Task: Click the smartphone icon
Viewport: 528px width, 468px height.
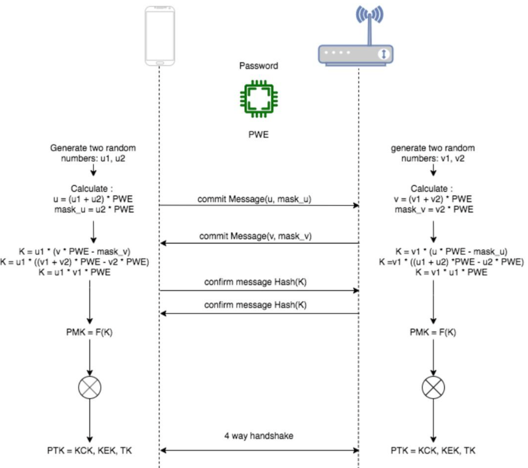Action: [x=160, y=36]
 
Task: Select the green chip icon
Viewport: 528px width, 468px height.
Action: [x=259, y=99]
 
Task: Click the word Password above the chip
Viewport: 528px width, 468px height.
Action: [x=259, y=66]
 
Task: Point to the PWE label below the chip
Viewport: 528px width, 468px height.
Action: [x=259, y=134]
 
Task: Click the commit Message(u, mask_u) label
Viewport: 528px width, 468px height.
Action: [x=254, y=199]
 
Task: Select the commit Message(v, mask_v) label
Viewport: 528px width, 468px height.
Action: [x=255, y=236]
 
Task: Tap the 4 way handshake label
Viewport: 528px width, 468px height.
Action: [x=259, y=436]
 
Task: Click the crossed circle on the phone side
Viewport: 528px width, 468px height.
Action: [x=90, y=387]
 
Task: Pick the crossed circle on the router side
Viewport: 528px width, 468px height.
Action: [x=433, y=387]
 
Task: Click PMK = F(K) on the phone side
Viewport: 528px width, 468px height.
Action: [x=89, y=332]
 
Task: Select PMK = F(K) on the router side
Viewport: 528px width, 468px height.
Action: [x=433, y=332]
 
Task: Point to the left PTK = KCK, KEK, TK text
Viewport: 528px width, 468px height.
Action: [x=89, y=450]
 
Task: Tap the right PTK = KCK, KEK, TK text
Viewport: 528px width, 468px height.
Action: [x=433, y=450]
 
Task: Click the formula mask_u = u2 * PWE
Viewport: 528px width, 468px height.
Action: [x=94, y=210]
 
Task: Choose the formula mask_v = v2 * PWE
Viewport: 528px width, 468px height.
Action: [x=434, y=210]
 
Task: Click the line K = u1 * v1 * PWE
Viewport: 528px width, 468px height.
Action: [x=74, y=272]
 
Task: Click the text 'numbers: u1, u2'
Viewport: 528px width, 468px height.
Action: [x=93, y=159]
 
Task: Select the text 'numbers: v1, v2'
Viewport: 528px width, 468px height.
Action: [x=433, y=159]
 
